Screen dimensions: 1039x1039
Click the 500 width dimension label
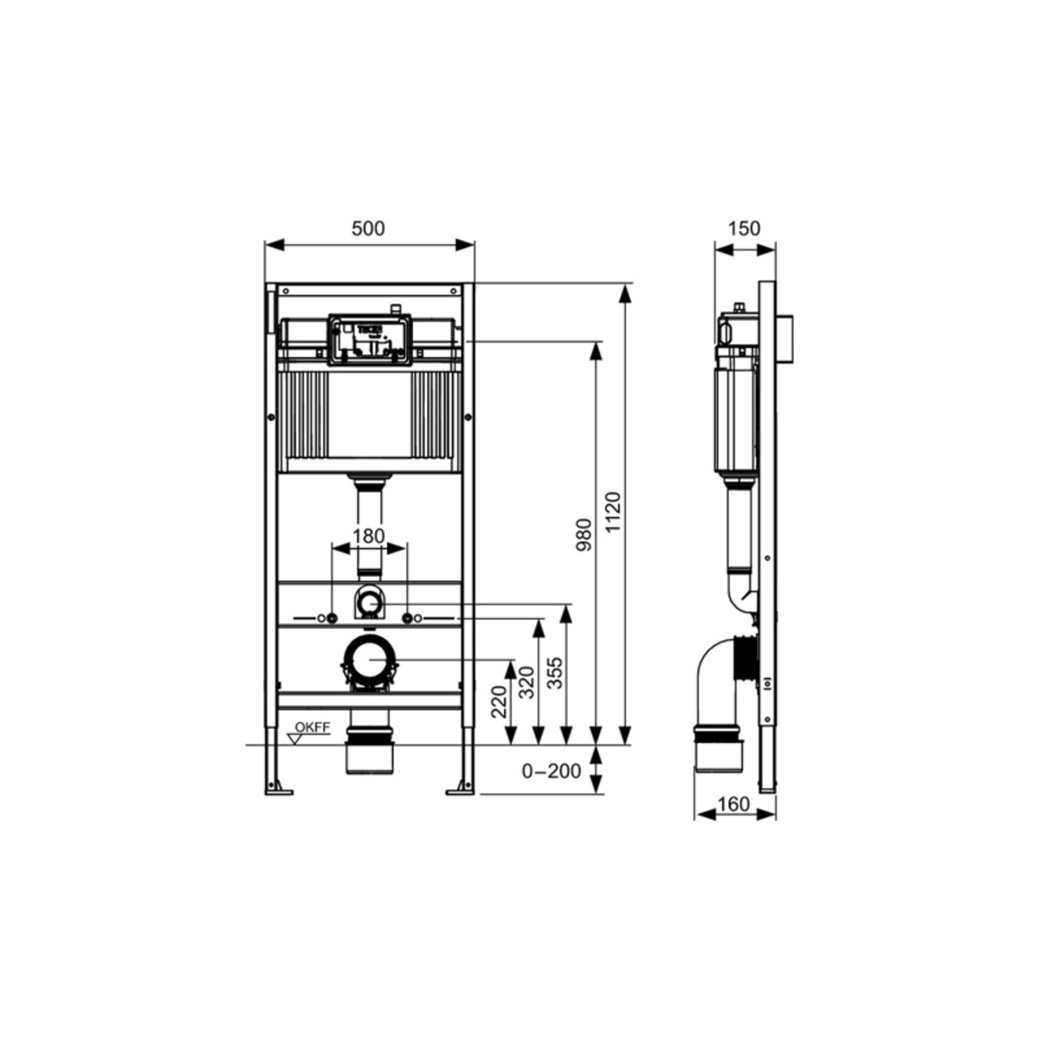(x=368, y=229)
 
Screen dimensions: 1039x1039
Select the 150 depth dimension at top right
(x=744, y=229)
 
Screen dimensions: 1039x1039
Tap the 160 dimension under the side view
(x=733, y=804)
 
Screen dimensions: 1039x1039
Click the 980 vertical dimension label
(x=584, y=535)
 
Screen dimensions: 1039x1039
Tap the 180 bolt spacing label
(x=369, y=536)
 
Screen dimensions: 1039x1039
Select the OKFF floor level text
(x=312, y=727)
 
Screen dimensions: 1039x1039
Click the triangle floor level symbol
(x=295, y=739)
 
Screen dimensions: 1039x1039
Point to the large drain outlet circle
(x=370, y=660)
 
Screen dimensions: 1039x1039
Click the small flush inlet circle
(x=370, y=601)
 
